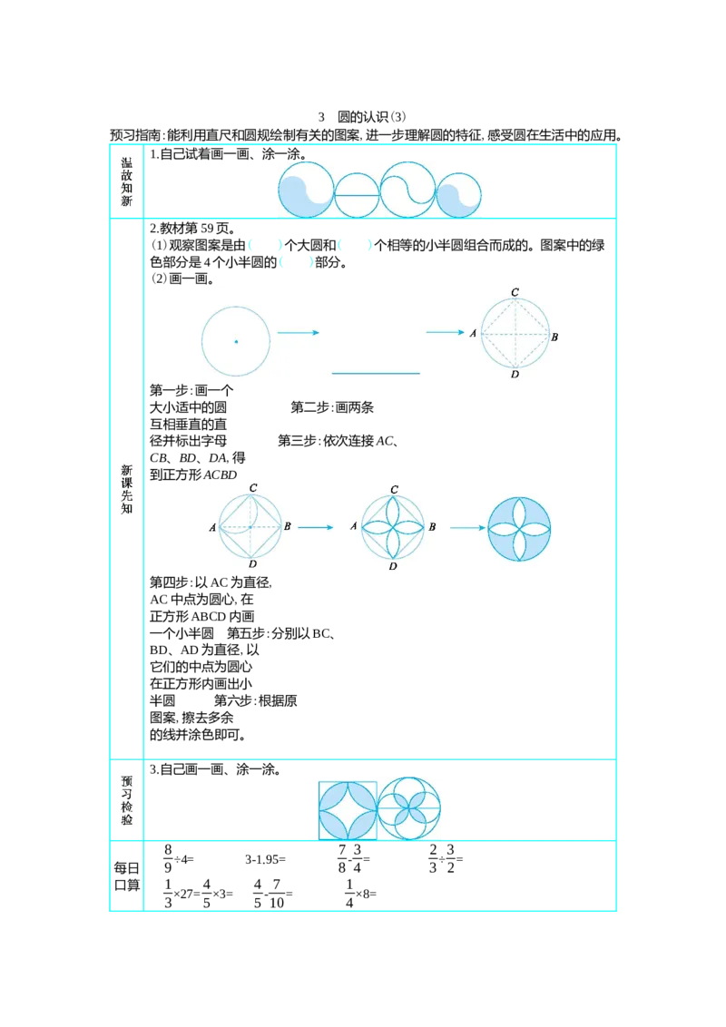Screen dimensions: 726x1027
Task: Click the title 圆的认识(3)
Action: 371,117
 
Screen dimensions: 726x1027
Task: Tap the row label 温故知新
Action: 126,181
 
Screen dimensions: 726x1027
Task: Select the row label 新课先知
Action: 126,489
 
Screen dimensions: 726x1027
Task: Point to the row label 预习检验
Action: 126,800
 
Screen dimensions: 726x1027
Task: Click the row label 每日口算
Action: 126,876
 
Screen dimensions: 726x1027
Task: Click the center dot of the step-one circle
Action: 236,341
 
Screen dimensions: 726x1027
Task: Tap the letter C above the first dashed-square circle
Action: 515,292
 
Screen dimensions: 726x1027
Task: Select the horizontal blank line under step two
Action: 376,374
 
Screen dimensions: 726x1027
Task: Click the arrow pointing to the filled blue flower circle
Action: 467,528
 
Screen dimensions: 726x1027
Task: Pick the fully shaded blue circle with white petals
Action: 519,529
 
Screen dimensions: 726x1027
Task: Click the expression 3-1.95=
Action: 265,859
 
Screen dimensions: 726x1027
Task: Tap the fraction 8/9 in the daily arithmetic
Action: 168,858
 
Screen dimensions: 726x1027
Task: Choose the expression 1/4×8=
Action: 360,894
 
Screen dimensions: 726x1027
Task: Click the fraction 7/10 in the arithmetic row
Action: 277,894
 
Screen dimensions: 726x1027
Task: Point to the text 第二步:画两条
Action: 332,407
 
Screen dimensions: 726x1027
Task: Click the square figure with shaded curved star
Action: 348,810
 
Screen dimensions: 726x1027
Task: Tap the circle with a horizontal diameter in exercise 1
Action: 358,194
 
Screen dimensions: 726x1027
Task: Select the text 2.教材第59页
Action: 193,229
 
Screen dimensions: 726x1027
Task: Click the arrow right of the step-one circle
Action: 299,333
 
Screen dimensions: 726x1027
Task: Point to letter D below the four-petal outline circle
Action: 392,566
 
